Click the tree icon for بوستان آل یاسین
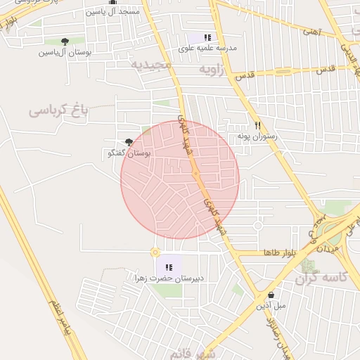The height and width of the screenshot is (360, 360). (x=65, y=42)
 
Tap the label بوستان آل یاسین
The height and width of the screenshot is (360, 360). (x=65, y=53)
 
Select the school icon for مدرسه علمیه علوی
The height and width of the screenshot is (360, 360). (x=207, y=37)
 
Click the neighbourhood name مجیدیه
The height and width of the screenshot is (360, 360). (x=150, y=64)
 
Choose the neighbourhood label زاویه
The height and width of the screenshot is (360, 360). (x=215, y=69)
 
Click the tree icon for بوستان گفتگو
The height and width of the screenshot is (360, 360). (x=129, y=142)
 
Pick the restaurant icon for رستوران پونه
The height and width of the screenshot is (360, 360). (x=257, y=124)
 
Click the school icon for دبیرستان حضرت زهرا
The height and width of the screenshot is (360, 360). (x=169, y=267)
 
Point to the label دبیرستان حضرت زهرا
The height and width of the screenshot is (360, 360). (x=169, y=278)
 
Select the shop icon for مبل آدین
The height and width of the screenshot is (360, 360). (x=271, y=295)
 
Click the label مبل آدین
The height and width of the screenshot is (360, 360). (x=271, y=305)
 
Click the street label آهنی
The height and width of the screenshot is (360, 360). (x=311, y=31)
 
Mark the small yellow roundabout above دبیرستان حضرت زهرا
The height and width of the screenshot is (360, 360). (x=155, y=252)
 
